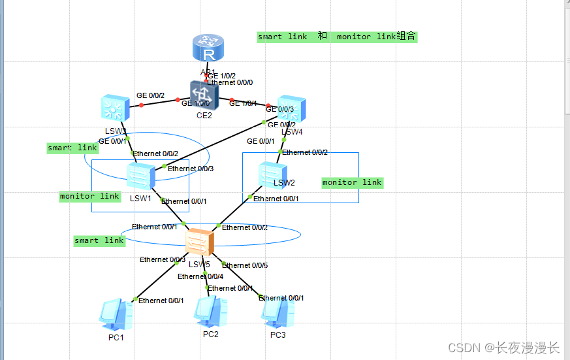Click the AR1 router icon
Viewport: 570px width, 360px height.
click(208, 49)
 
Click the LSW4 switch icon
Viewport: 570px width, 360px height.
click(292, 110)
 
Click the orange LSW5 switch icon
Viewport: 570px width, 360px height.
click(199, 242)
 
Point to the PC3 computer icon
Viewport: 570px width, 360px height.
click(277, 313)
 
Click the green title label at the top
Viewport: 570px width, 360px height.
click(336, 37)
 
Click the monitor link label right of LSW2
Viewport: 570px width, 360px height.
click(352, 182)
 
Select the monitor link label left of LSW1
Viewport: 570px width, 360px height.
click(89, 196)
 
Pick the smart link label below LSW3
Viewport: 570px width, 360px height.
click(72, 148)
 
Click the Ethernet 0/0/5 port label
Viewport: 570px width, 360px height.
click(245, 265)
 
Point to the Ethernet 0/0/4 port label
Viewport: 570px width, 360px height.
click(200, 276)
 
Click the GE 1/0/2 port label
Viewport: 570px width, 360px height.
click(222, 76)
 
